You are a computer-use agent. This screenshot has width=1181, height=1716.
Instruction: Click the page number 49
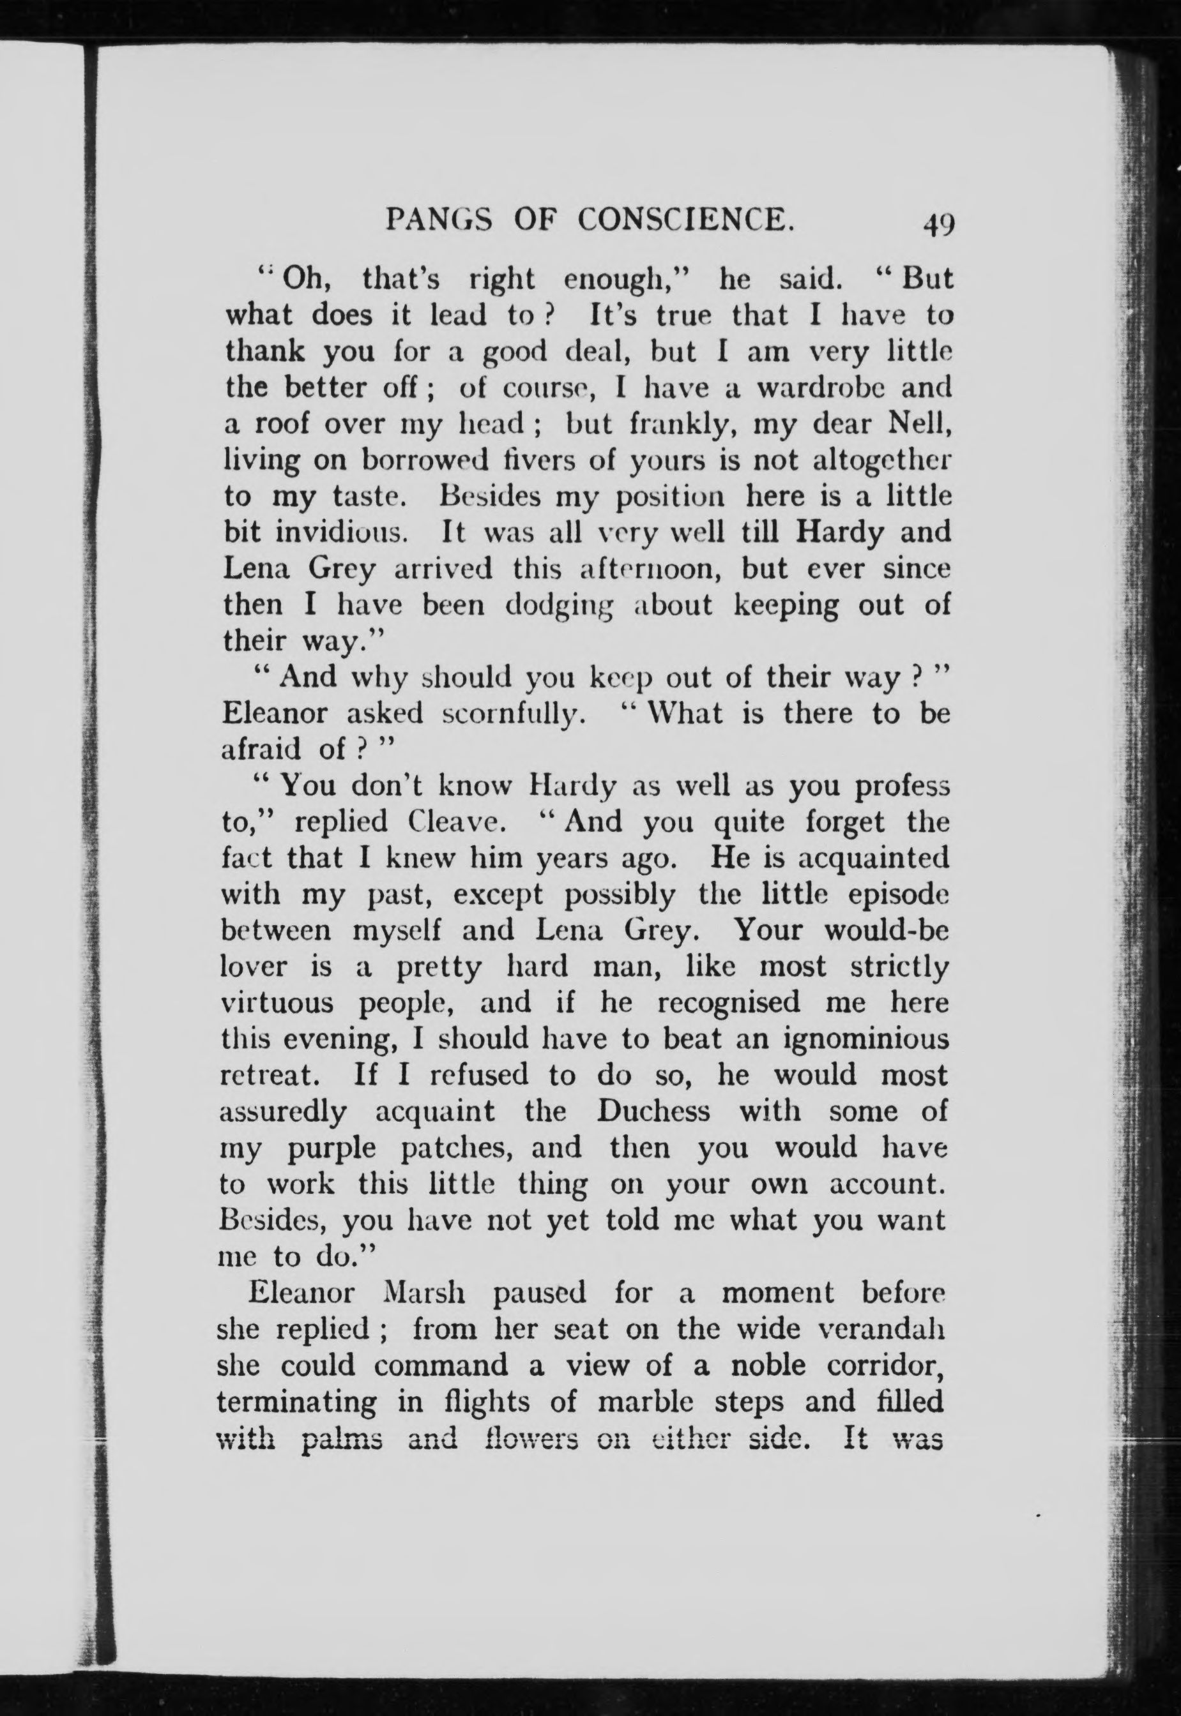[938, 223]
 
